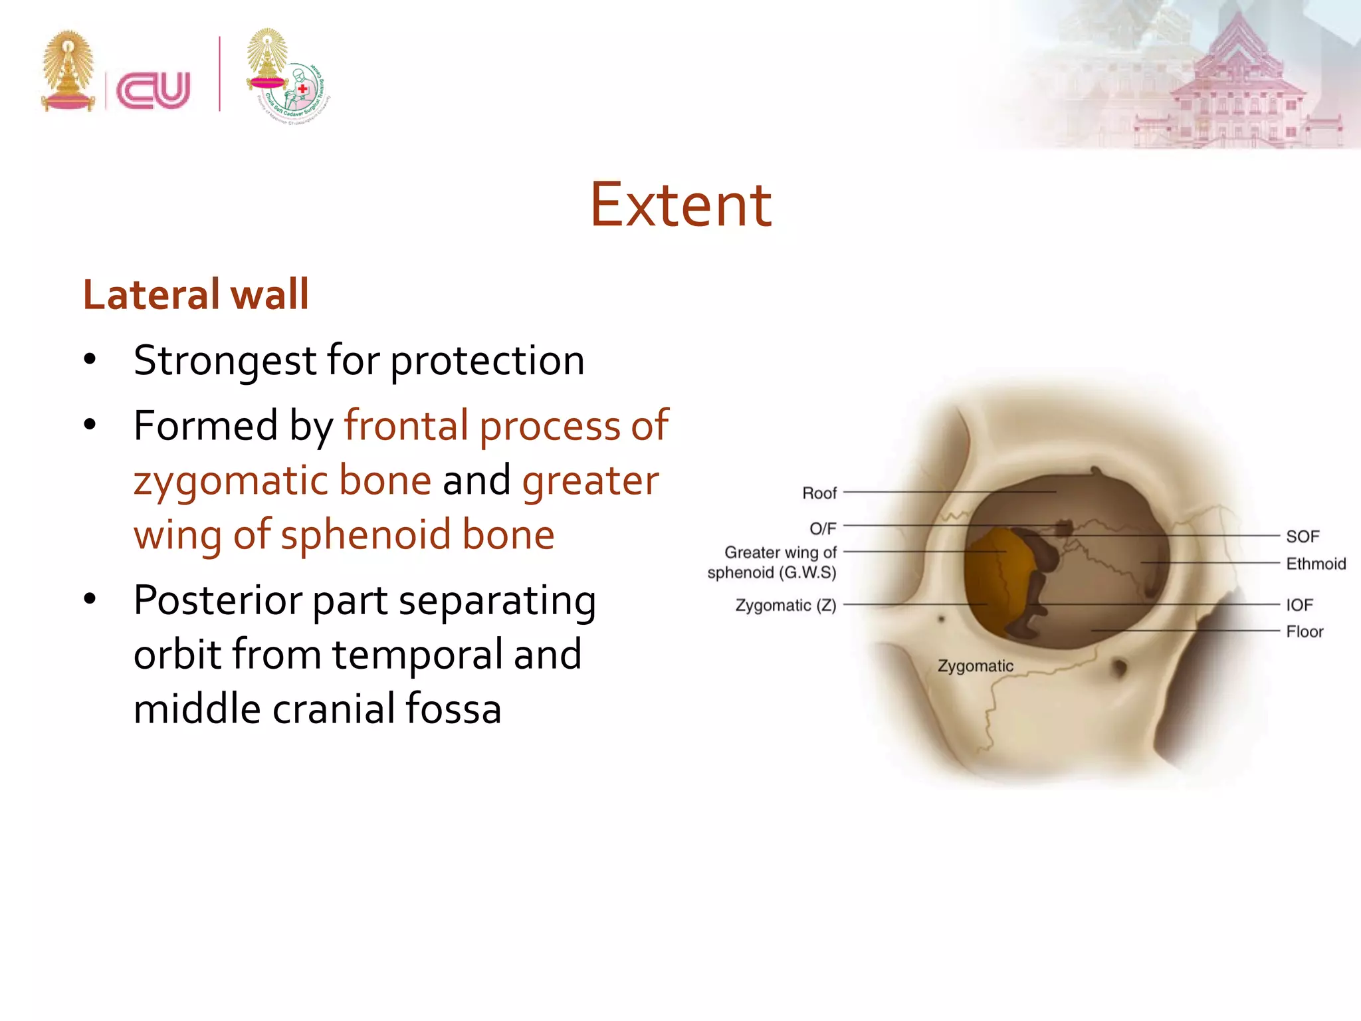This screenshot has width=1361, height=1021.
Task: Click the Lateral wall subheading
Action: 196,294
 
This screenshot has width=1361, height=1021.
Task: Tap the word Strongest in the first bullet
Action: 225,361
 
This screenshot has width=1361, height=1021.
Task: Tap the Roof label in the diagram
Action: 819,493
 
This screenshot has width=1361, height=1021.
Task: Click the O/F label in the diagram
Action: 822,528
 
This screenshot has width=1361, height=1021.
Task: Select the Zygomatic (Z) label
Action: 785,606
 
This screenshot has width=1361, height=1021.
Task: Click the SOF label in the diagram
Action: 1302,536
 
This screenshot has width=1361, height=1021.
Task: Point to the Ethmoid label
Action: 1315,564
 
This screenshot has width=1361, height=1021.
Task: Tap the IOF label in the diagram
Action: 1299,605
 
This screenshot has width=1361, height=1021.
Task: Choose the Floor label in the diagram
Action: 1304,631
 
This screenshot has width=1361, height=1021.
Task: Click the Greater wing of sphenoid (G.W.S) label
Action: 772,562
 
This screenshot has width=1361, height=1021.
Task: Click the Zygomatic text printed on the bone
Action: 975,666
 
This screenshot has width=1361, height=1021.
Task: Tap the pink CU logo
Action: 154,90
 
